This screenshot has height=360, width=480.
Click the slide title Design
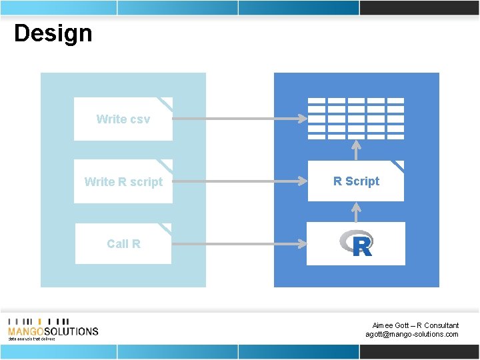click(53, 33)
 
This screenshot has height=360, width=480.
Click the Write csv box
click(123, 119)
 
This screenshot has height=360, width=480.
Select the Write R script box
click(123, 181)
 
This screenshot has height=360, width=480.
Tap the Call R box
click(123, 244)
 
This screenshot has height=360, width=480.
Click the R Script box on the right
click(356, 181)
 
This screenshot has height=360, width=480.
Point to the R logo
click(356, 244)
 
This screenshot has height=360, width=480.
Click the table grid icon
click(356, 118)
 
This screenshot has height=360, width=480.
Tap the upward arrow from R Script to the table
click(357, 150)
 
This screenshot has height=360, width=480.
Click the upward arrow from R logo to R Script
click(357, 212)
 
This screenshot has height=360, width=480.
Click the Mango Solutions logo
click(53, 329)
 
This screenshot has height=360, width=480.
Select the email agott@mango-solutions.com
click(412, 335)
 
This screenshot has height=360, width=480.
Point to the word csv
click(140, 119)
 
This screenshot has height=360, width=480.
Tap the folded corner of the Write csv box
click(165, 103)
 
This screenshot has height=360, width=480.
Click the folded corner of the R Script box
click(397, 166)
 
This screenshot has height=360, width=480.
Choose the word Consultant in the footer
click(442, 325)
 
